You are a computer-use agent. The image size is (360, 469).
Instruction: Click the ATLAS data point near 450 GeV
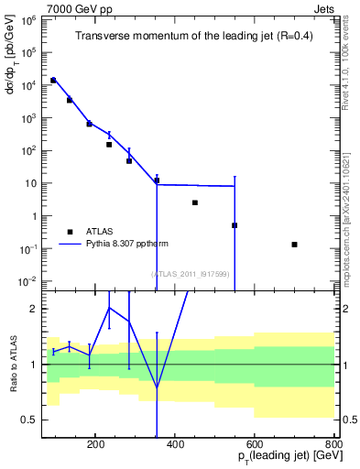click(195, 202)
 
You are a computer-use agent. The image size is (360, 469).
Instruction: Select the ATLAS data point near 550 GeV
click(235, 225)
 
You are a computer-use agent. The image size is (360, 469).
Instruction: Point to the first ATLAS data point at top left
click(53, 81)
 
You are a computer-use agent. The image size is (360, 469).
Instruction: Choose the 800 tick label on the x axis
click(333, 445)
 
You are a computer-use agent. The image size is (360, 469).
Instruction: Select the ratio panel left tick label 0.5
click(28, 420)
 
